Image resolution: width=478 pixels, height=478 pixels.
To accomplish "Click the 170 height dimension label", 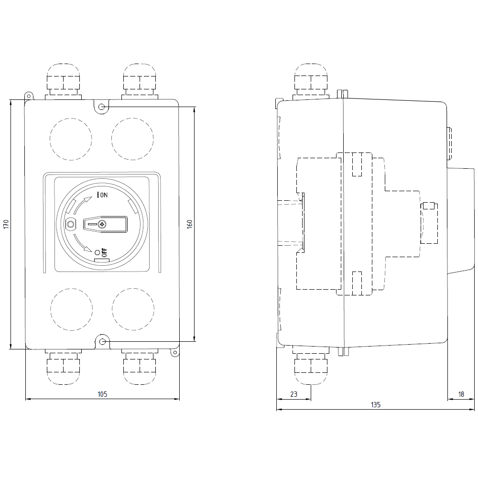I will point(5,224).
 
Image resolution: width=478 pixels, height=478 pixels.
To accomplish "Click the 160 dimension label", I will point(189,224).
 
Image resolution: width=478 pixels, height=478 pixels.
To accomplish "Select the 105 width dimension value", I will point(102,394).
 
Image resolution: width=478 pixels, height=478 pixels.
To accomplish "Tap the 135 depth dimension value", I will point(376,405).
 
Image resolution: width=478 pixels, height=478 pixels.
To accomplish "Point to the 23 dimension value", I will point(293,394).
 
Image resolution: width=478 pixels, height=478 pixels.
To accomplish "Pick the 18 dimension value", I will point(461,394).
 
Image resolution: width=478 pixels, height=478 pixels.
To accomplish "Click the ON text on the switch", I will point(104,195).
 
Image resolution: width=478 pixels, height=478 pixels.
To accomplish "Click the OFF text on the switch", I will point(104,253).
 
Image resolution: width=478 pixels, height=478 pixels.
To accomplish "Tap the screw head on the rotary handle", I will point(102,224).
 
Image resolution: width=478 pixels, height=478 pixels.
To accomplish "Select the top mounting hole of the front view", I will point(102,106).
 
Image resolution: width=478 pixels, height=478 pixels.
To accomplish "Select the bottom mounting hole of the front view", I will point(102,341).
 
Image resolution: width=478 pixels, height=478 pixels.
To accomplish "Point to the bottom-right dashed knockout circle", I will point(133,309).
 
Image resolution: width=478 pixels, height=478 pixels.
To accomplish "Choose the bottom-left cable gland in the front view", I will point(63,368).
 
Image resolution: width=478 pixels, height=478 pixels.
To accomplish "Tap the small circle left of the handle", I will point(71,224).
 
